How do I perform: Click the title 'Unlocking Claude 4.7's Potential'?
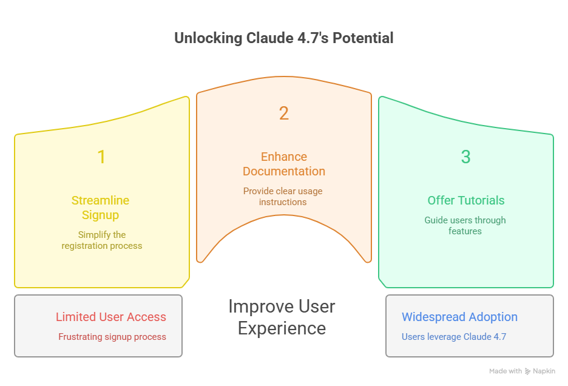283,38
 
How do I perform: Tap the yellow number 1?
101,157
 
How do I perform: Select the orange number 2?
283,113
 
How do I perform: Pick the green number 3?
465,157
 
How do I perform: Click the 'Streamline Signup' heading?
100,208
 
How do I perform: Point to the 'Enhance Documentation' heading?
283,164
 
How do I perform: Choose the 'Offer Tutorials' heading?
465,200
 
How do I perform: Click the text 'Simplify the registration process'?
101,240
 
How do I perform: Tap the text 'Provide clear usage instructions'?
283,196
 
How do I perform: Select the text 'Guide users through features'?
465,225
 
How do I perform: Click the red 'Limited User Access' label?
110,317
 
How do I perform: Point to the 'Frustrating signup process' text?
112,337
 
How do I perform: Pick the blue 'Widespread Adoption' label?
459,317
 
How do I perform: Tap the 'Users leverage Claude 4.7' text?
453,337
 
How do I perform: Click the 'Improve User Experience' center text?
282,317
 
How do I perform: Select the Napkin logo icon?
529,371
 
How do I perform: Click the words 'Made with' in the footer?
505,371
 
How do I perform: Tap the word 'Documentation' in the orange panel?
283,171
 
